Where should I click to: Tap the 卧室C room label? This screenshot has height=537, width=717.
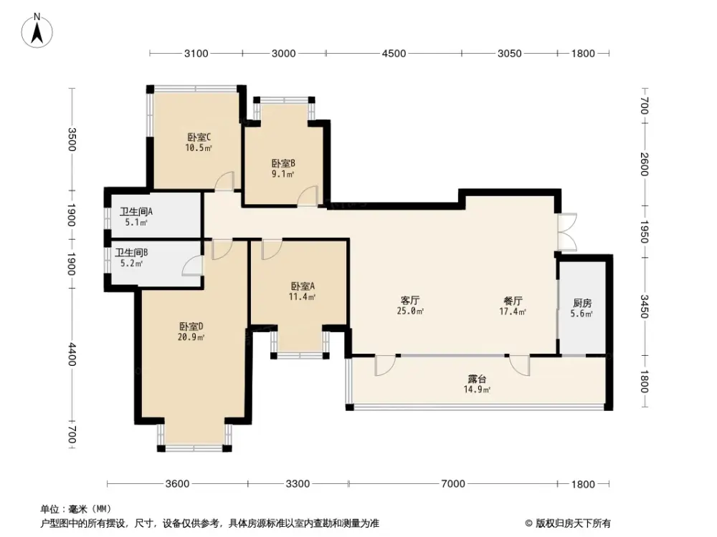pyautogui.click(x=199, y=137)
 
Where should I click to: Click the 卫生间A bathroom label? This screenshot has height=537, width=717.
pyautogui.click(x=136, y=212)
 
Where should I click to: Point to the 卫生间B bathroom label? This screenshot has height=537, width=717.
pyautogui.click(x=132, y=253)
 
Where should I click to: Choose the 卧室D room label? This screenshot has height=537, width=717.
pyautogui.click(x=191, y=326)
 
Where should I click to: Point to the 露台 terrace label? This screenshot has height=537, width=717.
pyautogui.click(x=476, y=379)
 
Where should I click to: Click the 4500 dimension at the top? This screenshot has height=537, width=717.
pyautogui.click(x=394, y=53)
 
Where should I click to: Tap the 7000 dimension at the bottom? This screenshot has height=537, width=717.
pyautogui.click(x=452, y=484)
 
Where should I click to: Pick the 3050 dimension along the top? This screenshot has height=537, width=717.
pyautogui.click(x=509, y=53)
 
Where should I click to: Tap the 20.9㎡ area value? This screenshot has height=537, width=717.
pyautogui.click(x=191, y=337)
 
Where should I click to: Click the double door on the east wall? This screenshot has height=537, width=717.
pyautogui.click(x=566, y=232)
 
